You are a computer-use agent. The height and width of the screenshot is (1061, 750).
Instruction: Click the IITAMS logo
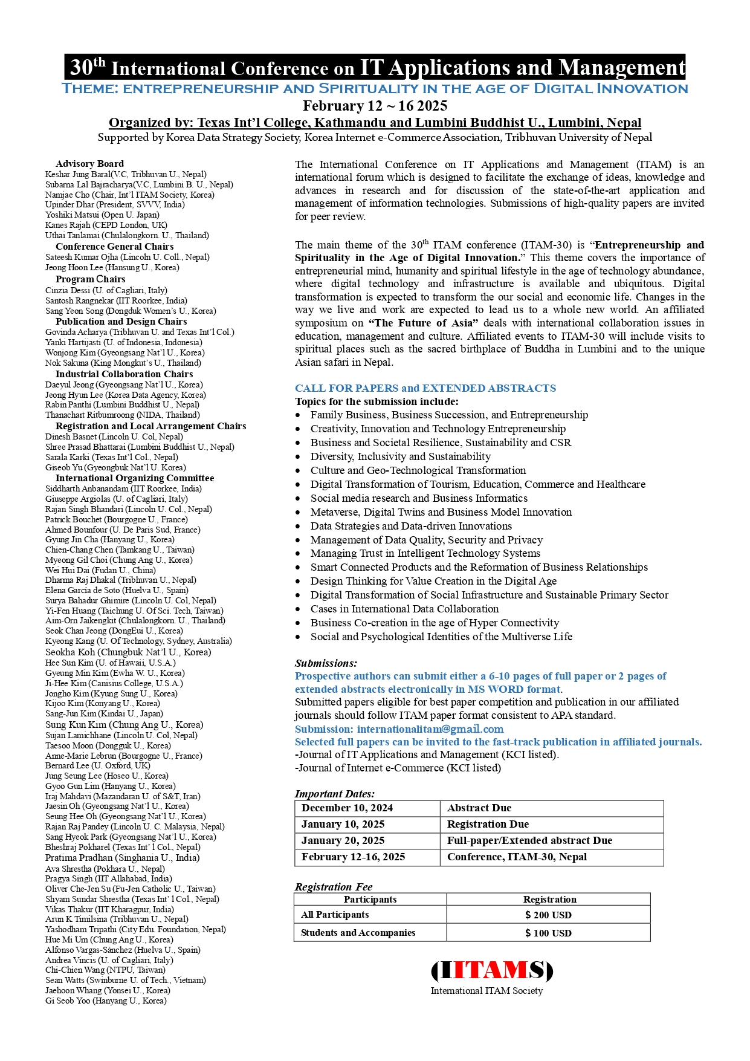[x=491, y=970]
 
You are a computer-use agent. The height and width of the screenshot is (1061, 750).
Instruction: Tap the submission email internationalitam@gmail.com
[x=430, y=729]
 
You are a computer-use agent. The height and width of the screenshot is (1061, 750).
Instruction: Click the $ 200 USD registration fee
[x=548, y=915]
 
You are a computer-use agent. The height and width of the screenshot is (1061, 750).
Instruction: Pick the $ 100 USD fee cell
[x=548, y=933]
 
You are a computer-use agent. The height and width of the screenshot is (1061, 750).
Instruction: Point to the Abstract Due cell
[x=479, y=808]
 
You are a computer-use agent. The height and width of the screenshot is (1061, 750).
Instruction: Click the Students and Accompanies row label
[x=358, y=933]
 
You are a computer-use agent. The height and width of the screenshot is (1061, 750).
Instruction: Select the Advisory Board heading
[x=89, y=164]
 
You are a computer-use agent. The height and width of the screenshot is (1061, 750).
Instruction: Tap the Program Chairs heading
[x=91, y=279]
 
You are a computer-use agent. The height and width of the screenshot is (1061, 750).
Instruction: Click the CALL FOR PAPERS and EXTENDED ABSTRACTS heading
[x=425, y=388]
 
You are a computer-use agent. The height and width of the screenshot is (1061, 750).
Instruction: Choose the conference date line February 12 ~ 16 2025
[x=375, y=106]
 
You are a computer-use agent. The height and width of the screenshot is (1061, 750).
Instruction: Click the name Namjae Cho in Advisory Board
[x=67, y=195]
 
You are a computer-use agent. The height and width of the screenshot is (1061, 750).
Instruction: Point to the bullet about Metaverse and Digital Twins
[x=441, y=512]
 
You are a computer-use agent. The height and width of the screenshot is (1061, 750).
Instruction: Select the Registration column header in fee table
[x=549, y=900]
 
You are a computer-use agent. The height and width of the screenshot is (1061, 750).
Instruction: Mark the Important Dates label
[x=335, y=794]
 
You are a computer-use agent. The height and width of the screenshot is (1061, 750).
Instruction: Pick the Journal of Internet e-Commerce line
[x=398, y=768]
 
